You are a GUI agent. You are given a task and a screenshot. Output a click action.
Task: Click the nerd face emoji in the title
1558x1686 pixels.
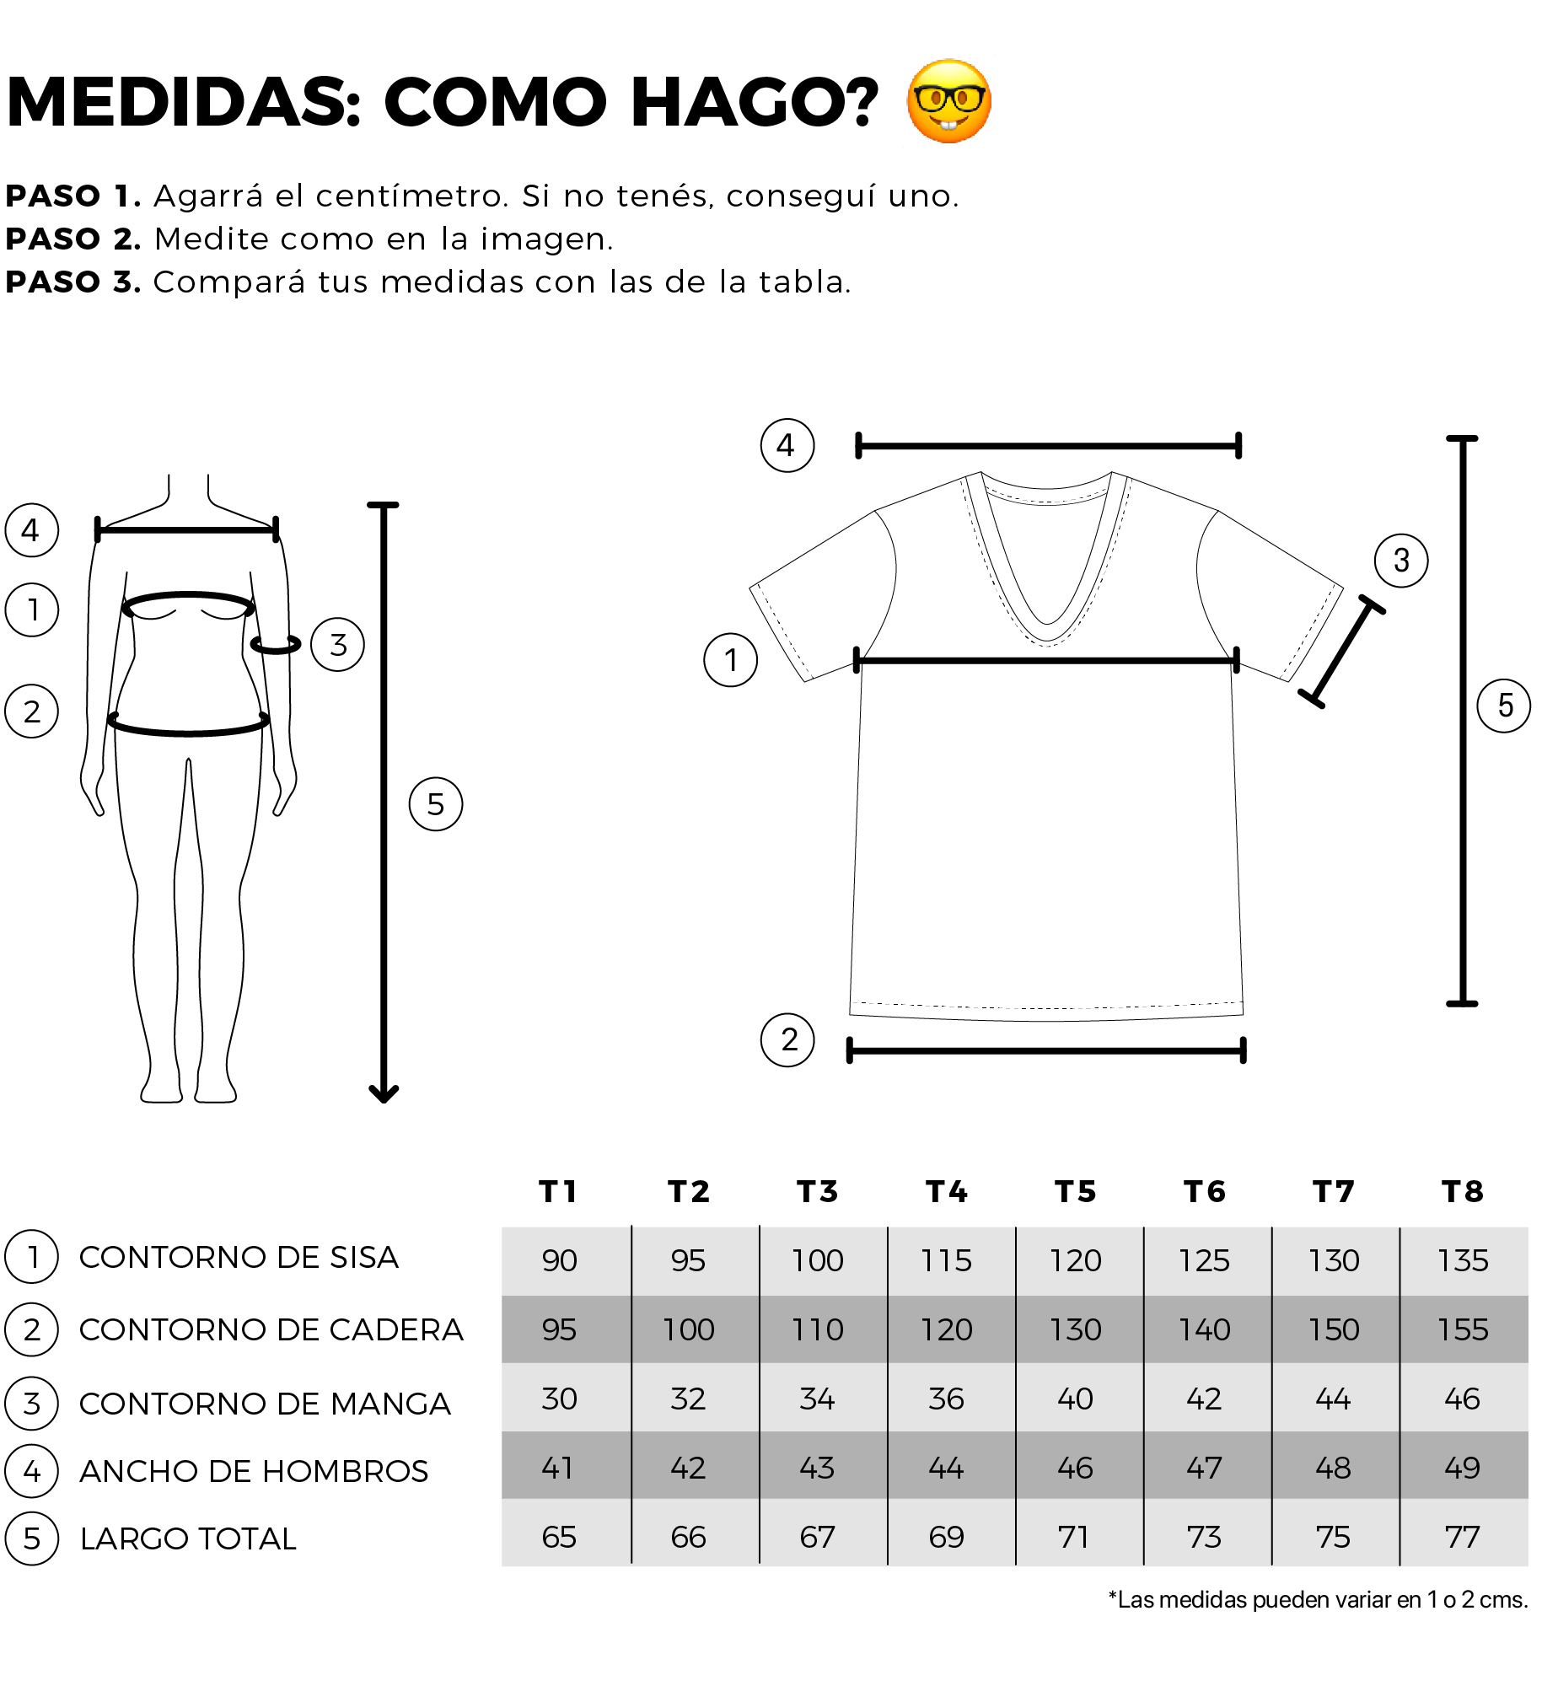(x=949, y=101)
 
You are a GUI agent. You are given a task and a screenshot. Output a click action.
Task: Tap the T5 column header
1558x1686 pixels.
(x=1076, y=1191)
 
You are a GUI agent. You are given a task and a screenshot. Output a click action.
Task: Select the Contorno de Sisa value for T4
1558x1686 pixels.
(x=947, y=1260)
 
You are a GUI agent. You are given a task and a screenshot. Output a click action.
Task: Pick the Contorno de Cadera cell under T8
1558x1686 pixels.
(x=1463, y=1329)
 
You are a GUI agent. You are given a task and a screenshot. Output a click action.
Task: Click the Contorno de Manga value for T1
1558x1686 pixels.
(x=559, y=1399)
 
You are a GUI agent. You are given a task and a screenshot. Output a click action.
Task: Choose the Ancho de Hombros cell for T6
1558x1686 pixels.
(x=1204, y=1468)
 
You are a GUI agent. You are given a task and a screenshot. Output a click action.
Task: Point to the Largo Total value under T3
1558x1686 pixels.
(x=817, y=1537)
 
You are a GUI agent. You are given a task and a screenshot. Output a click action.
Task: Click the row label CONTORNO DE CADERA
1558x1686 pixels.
(x=271, y=1329)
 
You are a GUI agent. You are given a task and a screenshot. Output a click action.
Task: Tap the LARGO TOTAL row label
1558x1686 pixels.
(x=188, y=1538)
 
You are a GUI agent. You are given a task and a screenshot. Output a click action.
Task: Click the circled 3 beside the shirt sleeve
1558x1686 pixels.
(x=1401, y=561)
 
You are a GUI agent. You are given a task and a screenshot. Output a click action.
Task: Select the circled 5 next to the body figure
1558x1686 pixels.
(x=436, y=804)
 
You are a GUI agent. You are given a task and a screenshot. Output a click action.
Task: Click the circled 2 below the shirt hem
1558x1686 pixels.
(x=787, y=1040)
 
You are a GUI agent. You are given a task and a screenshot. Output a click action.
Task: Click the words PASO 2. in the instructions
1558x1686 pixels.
(x=73, y=239)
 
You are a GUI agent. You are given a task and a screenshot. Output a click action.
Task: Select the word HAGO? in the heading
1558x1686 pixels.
(x=755, y=102)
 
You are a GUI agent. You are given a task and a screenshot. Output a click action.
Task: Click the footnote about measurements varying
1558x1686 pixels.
(x=1318, y=1600)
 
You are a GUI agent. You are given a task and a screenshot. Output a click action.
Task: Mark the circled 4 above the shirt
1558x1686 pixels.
(x=787, y=445)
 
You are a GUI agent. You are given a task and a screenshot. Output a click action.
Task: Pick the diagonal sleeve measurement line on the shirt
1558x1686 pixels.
(x=1341, y=652)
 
